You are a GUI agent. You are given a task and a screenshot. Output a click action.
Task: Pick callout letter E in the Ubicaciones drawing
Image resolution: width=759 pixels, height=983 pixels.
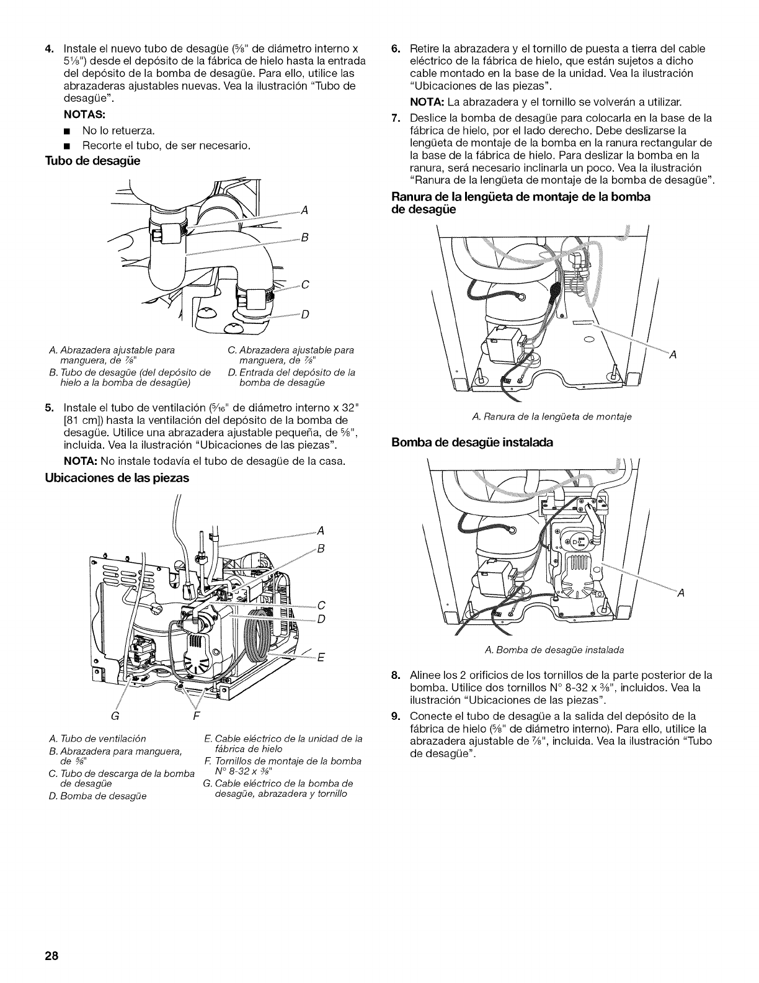[x=321, y=658]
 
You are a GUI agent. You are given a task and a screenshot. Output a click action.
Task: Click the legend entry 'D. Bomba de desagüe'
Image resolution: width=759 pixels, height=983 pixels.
[x=98, y=796]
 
